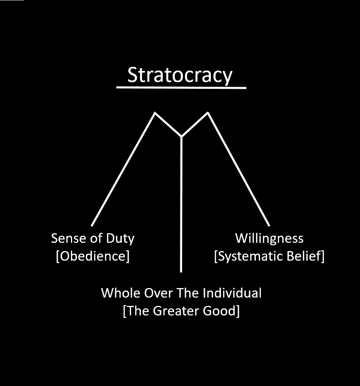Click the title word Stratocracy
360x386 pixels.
180,76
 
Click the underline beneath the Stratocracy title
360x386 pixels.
181,88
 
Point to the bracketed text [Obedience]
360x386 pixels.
92,256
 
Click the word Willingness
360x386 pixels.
269,238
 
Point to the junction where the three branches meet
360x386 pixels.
181,136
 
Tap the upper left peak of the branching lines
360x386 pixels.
155,112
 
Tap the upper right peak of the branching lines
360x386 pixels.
207,112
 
